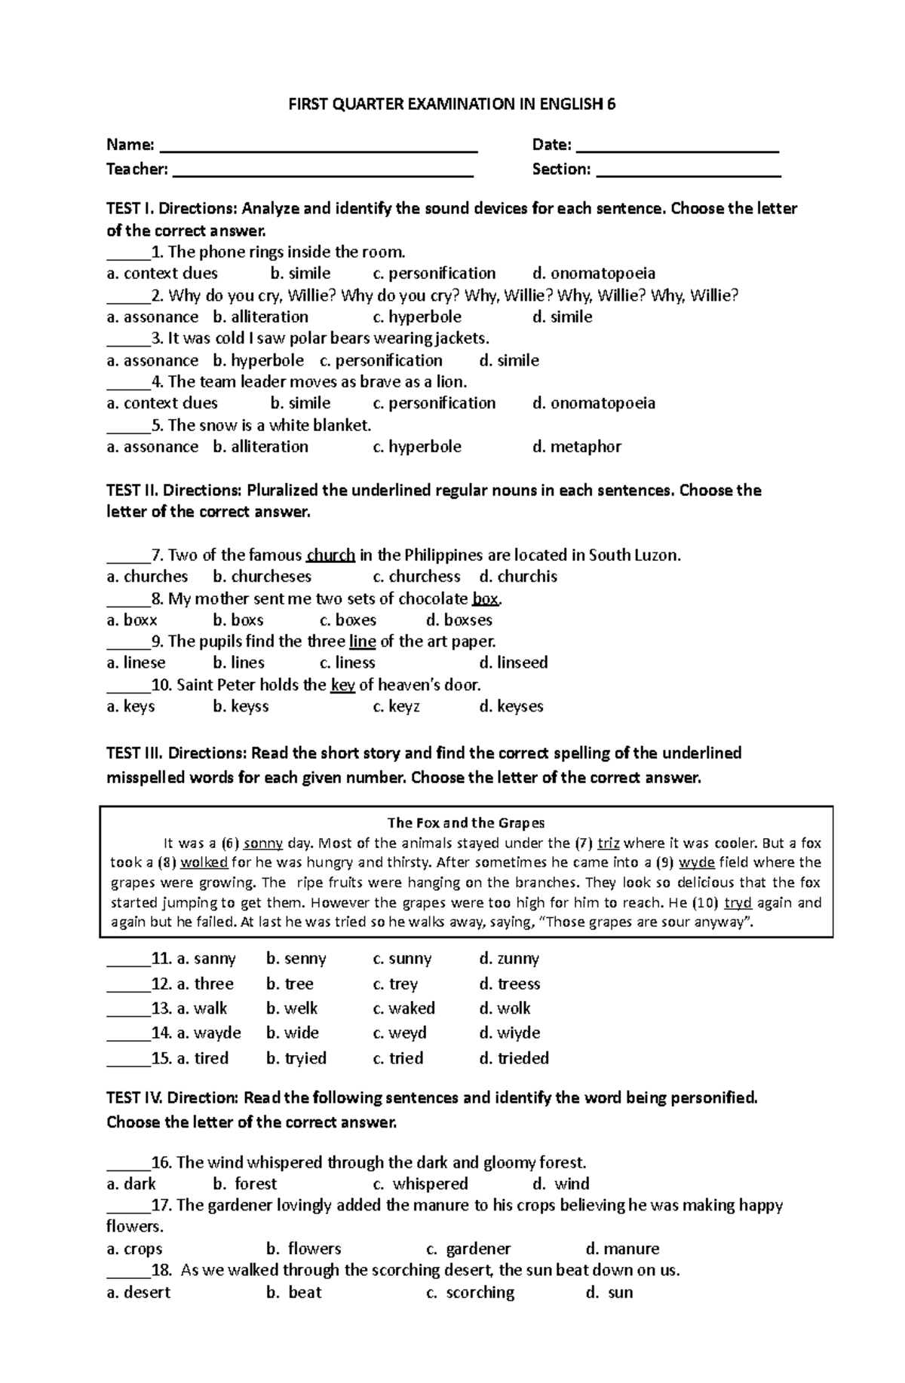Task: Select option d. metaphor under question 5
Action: pos(576,447)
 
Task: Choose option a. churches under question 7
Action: pos(147,577)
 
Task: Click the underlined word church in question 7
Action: pos(331,555)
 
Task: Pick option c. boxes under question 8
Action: pos(348,620)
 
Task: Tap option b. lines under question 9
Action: pos(238,663)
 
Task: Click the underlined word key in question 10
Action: pos(342,685)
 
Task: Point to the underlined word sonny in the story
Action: pos(263,843)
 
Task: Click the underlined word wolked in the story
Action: pos(204,863)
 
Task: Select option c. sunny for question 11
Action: pos(402,959)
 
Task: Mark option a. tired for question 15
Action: pos(202,1058)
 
